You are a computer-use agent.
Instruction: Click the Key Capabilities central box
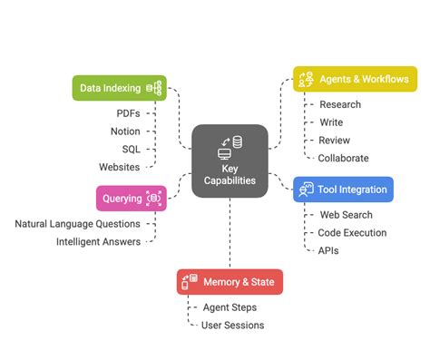tap(230, 161)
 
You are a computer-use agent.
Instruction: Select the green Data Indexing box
tap(119, 88)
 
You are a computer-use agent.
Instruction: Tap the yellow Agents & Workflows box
tap(355, 79)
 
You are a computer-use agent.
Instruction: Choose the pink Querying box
tap(132, 198)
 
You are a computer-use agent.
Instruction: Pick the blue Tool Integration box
tap(343, 190)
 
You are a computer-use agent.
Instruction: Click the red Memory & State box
tap(230, 282)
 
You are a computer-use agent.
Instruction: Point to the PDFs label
tap(128, 113)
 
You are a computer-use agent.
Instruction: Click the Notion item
tap(125, 131)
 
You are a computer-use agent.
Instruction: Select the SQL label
tap(131, 150)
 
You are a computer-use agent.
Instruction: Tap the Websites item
tap(120, 167)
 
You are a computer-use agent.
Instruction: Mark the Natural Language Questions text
tap(77, 224)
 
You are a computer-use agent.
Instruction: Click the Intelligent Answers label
tap(98, 242)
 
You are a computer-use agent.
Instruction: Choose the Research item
tap(340, 104)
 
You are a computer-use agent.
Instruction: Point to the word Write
tap(331, 122)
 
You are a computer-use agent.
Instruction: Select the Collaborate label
tap(344, 158)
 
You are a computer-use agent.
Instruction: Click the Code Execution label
tap(354, 233)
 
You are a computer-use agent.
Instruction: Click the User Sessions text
tap(233, 325)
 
